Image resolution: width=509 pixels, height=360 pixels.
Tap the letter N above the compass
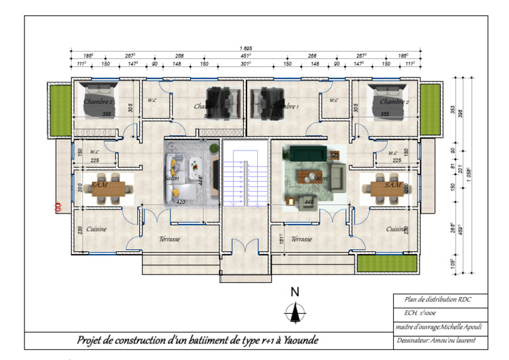(x=296, y=292)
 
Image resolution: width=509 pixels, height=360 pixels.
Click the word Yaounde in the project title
(x=298, y=340)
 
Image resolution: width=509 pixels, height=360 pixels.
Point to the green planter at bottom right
(x=386, y=263)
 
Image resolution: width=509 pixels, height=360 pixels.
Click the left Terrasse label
(x=170, y=239)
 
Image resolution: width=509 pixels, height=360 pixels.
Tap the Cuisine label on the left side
(x=97, y=229)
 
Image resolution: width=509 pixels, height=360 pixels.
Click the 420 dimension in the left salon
(x=181, y=201)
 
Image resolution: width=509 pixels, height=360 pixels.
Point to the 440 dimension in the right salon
(x=309, y=202)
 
